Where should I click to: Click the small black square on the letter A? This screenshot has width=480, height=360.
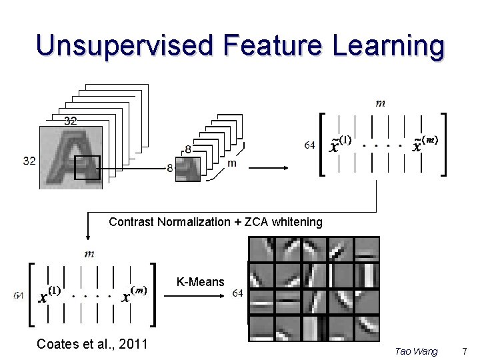87,167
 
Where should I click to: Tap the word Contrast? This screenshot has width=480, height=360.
131,222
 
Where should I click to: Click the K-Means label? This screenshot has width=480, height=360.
201,282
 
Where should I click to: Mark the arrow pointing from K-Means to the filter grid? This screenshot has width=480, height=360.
193,294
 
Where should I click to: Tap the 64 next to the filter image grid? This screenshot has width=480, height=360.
238,293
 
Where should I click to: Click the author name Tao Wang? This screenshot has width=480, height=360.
416,351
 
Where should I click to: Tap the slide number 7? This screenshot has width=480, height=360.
465,351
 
